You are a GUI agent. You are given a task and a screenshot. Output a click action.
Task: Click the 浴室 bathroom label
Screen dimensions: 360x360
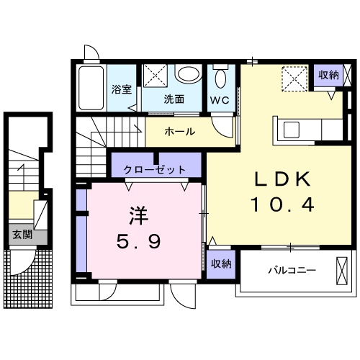[122, 90]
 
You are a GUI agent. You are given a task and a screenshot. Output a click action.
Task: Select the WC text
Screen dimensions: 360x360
[220, 101]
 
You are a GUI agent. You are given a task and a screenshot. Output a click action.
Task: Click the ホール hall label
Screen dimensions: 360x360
[179, 132]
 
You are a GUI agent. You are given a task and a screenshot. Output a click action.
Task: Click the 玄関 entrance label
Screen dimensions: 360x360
[22, 234]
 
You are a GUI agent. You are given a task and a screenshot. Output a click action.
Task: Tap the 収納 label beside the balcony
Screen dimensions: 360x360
[222, 264]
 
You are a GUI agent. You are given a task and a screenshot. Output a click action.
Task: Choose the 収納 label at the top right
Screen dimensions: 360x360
[328, 75]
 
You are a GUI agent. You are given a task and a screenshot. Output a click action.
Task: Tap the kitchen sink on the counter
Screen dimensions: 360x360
[294, 130]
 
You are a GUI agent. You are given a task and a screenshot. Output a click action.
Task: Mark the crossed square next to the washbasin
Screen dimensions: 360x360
[155, 76]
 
